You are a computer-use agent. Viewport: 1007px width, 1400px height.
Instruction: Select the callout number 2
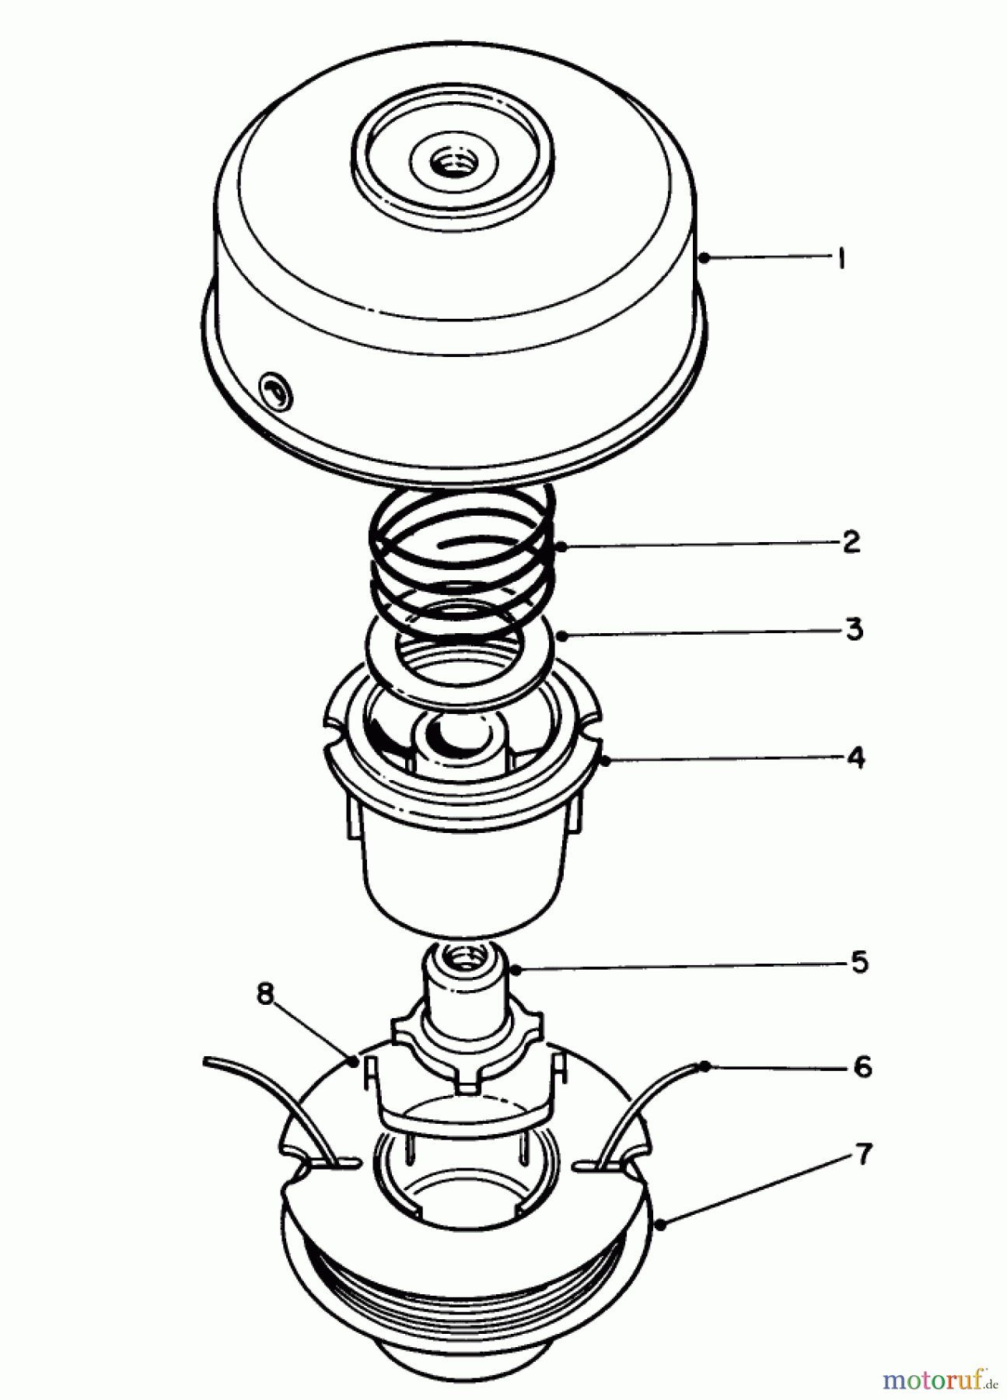click(851, 542)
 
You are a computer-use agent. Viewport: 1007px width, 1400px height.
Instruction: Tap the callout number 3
click(854, 628)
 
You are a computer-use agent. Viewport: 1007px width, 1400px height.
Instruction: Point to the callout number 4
click(855, 757)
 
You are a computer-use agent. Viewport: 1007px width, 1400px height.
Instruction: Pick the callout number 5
click(858, 962)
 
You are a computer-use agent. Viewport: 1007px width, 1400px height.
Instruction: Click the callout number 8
click(266, 994)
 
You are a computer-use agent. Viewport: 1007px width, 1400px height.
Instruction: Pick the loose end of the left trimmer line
click(208, 1060)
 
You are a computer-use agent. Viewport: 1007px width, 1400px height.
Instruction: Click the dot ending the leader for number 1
click(704, 257)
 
